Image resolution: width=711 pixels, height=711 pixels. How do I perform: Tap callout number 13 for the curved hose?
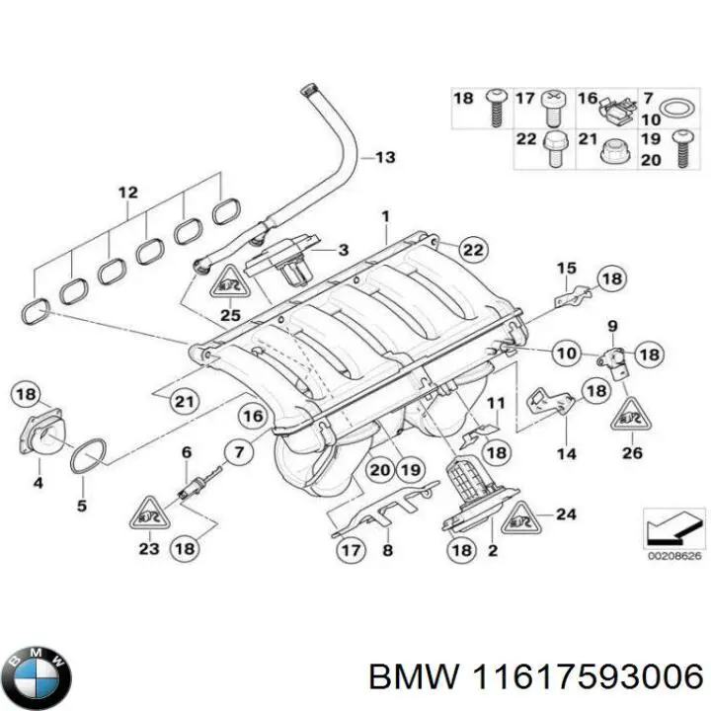coord(384,158)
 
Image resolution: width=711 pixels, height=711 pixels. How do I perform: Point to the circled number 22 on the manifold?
coord(473,251)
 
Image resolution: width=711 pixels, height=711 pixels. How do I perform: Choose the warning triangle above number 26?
coord(631,419)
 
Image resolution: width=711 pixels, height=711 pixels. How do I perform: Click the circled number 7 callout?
coord(238,454)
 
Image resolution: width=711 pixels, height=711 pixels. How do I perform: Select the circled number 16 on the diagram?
coord(253,417)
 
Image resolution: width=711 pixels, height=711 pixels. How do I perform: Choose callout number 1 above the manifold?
coord(386,216)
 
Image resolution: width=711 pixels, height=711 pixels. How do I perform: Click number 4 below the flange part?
coord(38,483)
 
